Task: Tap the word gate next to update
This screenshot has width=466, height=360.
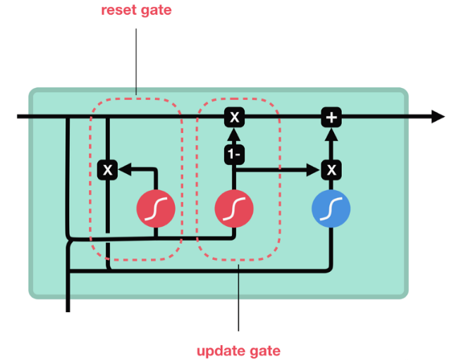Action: [262, 350]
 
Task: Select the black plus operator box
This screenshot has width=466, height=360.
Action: [331, 116]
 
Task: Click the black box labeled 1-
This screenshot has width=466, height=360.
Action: [234, 154]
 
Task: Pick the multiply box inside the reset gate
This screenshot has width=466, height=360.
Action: [107, 169]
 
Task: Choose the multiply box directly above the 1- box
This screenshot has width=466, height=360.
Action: [234, 116]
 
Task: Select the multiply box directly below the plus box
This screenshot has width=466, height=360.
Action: [331, 169]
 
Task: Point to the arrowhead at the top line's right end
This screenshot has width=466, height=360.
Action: [438, 116]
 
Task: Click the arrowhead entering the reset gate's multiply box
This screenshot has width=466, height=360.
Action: [123, 169]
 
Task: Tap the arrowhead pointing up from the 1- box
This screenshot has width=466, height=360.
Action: [234, 132]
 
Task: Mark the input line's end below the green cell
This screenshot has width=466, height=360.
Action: [68, 309]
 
